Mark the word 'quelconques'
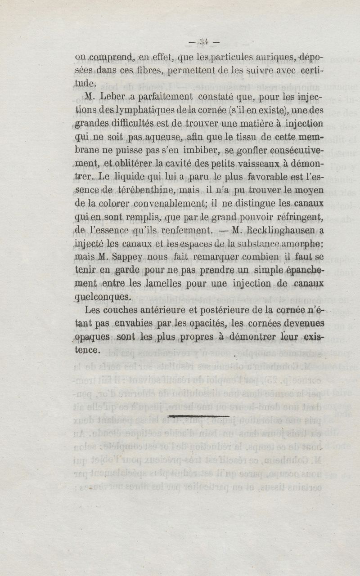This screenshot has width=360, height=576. (x=102, y=296)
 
